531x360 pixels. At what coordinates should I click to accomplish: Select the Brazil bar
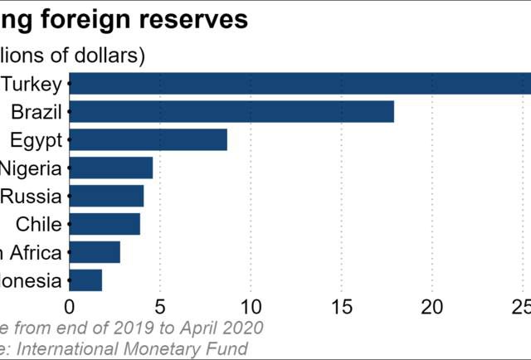(x=231, y=112)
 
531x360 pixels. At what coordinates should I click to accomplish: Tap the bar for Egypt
(x=149, y=140)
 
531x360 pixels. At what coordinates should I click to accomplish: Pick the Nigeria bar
(x=111, y=168)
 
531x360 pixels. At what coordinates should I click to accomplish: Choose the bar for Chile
(x=105, y=224)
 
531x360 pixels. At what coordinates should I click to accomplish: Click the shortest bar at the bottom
(x=85, y=280)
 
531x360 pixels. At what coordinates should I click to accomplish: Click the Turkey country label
(x=32, y=84)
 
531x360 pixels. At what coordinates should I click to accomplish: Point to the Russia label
(x=32, y=197)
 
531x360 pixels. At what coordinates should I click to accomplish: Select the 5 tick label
(x=160, y=306)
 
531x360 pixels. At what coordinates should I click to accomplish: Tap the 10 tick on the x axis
(x=251, y=306)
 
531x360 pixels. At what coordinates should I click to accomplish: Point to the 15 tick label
(x=341, y=306)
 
